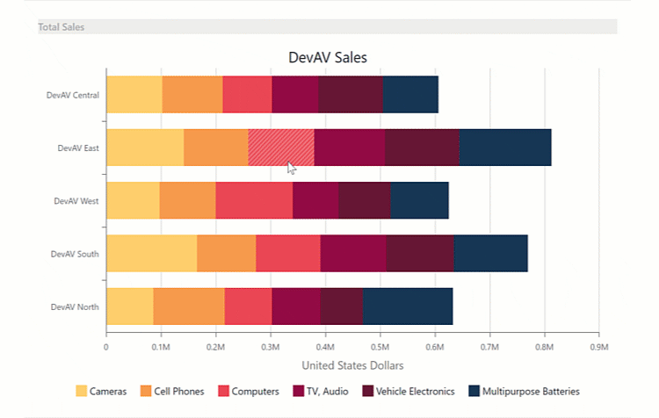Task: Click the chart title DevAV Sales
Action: coord(328,57)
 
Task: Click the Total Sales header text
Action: coord(62,27)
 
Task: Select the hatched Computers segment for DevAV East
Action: coord(280,147)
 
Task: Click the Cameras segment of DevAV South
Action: coord(151,253)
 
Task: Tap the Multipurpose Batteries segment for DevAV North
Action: coord(408,306)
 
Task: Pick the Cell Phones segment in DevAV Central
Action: coord(192,95)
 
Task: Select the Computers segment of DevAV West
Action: coord(254,200)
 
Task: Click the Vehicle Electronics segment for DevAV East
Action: coord(422,147)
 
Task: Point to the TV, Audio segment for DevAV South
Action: coord(352,253)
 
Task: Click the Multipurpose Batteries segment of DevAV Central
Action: coord(410,95)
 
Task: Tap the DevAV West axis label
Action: coord(76,201)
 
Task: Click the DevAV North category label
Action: coord(75,306)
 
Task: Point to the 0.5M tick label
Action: coord(380,347)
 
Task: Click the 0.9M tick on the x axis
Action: coord(598,347)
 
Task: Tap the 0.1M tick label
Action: coord(161,347)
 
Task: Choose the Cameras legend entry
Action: coord(101,391)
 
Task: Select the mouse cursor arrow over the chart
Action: coord(292,168)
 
